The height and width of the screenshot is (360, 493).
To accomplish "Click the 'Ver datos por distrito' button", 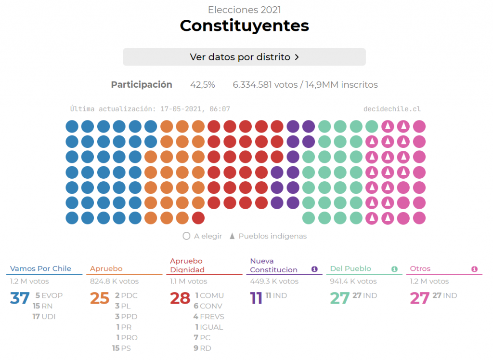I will point(244,57).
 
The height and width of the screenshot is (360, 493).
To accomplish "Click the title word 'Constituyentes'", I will point(244,26).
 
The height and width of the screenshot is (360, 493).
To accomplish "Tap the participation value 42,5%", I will point(202,85).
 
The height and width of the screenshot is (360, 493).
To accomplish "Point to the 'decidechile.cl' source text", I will point(392,109).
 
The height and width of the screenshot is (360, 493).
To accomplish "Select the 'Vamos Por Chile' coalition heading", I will point(40,269).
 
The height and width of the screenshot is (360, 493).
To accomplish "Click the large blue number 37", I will point(20,298).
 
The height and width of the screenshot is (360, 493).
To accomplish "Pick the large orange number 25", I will point(100,298).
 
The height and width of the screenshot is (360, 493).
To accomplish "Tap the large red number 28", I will point(180,298).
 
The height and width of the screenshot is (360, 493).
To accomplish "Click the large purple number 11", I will point(256,298).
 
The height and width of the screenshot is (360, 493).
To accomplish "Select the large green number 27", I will point(339,298).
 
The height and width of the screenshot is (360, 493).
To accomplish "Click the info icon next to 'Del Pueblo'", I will point(394,269).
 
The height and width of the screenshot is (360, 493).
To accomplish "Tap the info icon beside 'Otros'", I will point(474,269).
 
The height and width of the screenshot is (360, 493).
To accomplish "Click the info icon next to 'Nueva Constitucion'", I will point(314,269).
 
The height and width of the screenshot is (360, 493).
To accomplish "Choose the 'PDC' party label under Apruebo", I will point(129,295).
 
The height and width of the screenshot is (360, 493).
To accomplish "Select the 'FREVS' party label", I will point(212,317).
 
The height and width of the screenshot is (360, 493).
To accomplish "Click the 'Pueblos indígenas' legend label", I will point(272,236).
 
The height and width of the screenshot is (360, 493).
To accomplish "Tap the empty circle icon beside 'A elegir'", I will point(186,236).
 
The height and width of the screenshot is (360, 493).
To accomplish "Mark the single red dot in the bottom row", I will point(198,218).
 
